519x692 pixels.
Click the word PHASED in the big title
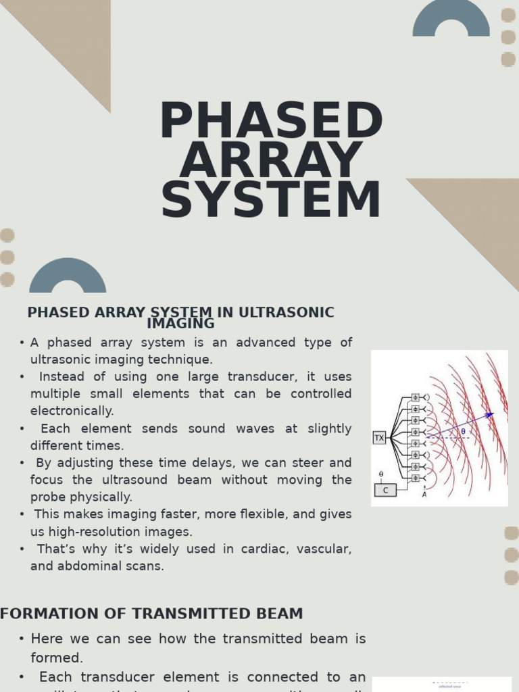(x=271, y=122)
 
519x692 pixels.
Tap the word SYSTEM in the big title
(x=271, y=201)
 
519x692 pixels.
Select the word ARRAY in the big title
(x=271, y=161)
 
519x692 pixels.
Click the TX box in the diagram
(x=379, y=438)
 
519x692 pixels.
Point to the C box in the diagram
(x=385, y=490)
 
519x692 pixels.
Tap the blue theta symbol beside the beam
(x=463, y=431)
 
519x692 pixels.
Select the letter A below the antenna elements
(x=424, y=495)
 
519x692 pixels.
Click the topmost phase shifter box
(x=415, y=397)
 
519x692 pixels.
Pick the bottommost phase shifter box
(x=415, y=478)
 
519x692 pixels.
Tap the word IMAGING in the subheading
(x=180, y=324)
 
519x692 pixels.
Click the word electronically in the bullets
(x=72, y=411)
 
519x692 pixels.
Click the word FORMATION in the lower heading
(x=41, y=614)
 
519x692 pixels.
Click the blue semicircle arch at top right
(x=451, y=20)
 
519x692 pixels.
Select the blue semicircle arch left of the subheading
(x=68, y=277)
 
